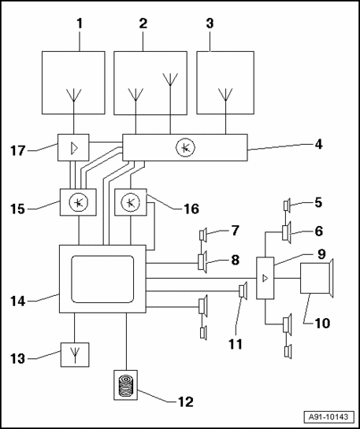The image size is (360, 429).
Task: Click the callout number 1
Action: [x=80, y=24]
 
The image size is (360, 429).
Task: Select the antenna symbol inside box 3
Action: [x=225, y=95]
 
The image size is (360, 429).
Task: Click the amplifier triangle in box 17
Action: [x=74, y=148]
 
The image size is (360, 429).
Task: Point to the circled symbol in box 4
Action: [x=185, y=148]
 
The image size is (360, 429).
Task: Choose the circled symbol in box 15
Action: [x=78, y=202]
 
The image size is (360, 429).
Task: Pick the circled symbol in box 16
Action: [x=131, y=202]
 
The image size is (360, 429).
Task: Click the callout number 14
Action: [x=18, y=301]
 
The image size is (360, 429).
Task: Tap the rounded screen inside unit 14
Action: [x=102, y=279]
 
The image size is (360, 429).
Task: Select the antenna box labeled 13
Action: [x=75, y=354]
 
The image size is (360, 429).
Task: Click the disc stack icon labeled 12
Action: [x=126, y=385]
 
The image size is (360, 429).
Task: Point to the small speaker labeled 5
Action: [x=288, y=205]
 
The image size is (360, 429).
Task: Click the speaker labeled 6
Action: [x=287, y=232]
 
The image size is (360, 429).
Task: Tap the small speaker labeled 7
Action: [x=203, y=235]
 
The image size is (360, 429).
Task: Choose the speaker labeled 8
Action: [x=202, y=263]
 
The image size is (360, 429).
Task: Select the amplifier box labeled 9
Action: [x=265, y=278]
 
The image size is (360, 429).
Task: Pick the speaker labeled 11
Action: [x=243, y=290]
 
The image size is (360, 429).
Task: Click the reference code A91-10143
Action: [x=328, y=417]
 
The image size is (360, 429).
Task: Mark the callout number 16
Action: [x=191, y=209]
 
